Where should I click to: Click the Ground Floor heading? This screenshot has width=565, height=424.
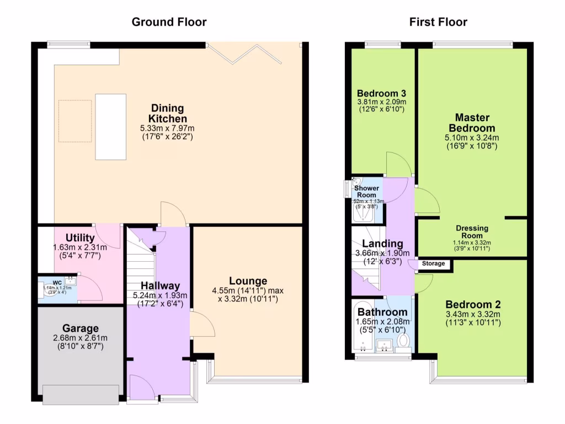click(x=169, y=22)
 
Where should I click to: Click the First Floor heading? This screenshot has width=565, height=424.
click(x=438, y=22)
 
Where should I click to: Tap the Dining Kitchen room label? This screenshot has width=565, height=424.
click(x=167, y=113)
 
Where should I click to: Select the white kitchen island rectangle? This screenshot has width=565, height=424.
click(x=110, y=126)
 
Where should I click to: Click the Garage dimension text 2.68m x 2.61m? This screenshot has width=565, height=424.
click(x=81, y=338)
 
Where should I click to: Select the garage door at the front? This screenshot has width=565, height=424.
click(x=81, y=394)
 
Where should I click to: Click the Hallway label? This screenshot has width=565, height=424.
click(x=160, y=285)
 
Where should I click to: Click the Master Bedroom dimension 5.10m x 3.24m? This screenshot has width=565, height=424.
click(x=472, y=138)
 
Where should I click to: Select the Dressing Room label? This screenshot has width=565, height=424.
click(x=472, y=232)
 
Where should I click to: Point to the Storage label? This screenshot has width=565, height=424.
click(x=433, y=264)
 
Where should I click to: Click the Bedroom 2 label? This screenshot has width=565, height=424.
click(x=473, y=304)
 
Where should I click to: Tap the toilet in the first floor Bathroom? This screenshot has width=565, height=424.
click(x=403, y=339)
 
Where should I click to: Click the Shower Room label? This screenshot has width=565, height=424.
click(x=366, y=192)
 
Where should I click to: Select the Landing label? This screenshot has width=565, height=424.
click(x=386, y=243)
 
